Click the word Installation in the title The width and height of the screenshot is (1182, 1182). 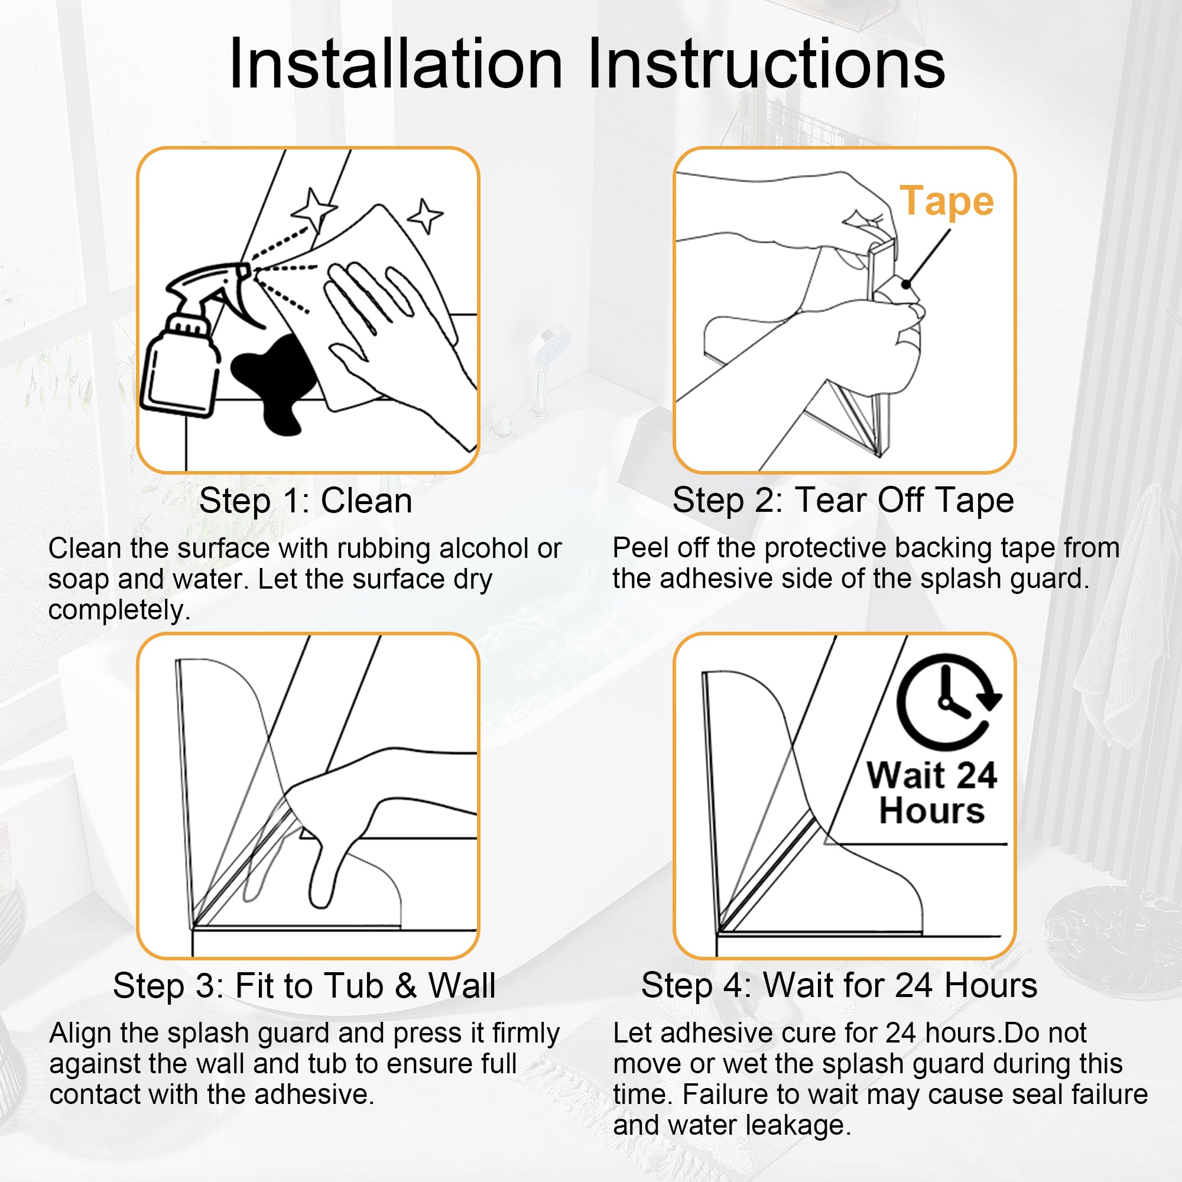pyautogui.click(x=395, y=64)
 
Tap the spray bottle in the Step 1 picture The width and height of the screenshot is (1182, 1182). pyautogui.click(x=190, y=343)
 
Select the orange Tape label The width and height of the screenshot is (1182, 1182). pyautogui.click(x=946, y=202)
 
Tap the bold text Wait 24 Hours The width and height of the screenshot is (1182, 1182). pyautogui.click(x=932, y=793)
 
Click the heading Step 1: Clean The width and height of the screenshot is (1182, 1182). pyautogui.click(x=306, y=501)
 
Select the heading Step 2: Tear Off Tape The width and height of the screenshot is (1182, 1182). pyautogui.click(x=843, y=501)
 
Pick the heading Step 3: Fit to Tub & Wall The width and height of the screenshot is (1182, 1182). pyautogui.click(x=304, y=986)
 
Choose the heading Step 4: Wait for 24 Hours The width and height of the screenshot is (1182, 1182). pyautogui.click(x=839, y=986)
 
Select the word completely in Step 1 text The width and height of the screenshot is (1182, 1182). pyautogui.click(x=119, y=611)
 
